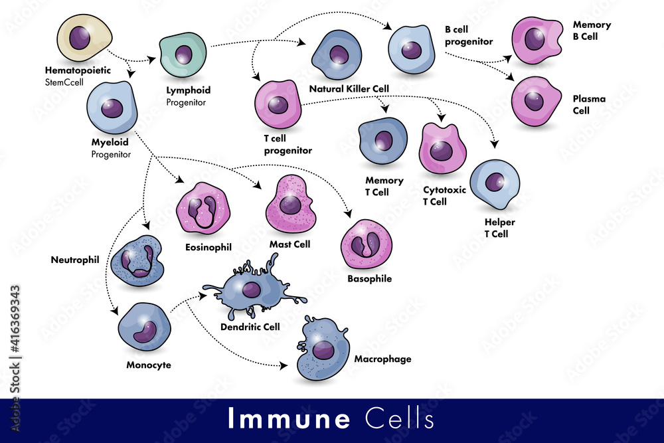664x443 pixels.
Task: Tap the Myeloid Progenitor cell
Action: (112, 108)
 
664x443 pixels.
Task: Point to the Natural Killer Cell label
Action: (349, 88)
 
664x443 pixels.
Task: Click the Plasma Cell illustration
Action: (535, 101)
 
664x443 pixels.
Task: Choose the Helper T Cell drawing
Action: (495, 184)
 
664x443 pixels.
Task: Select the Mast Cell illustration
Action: (290, 205)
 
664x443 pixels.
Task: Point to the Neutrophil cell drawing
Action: (137, 260)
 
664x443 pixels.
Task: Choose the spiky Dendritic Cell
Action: (251, 290)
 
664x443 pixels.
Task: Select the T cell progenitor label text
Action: (287, 145)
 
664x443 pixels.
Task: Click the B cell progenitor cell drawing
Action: (411, 49)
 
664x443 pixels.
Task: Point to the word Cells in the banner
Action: (400, 420)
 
